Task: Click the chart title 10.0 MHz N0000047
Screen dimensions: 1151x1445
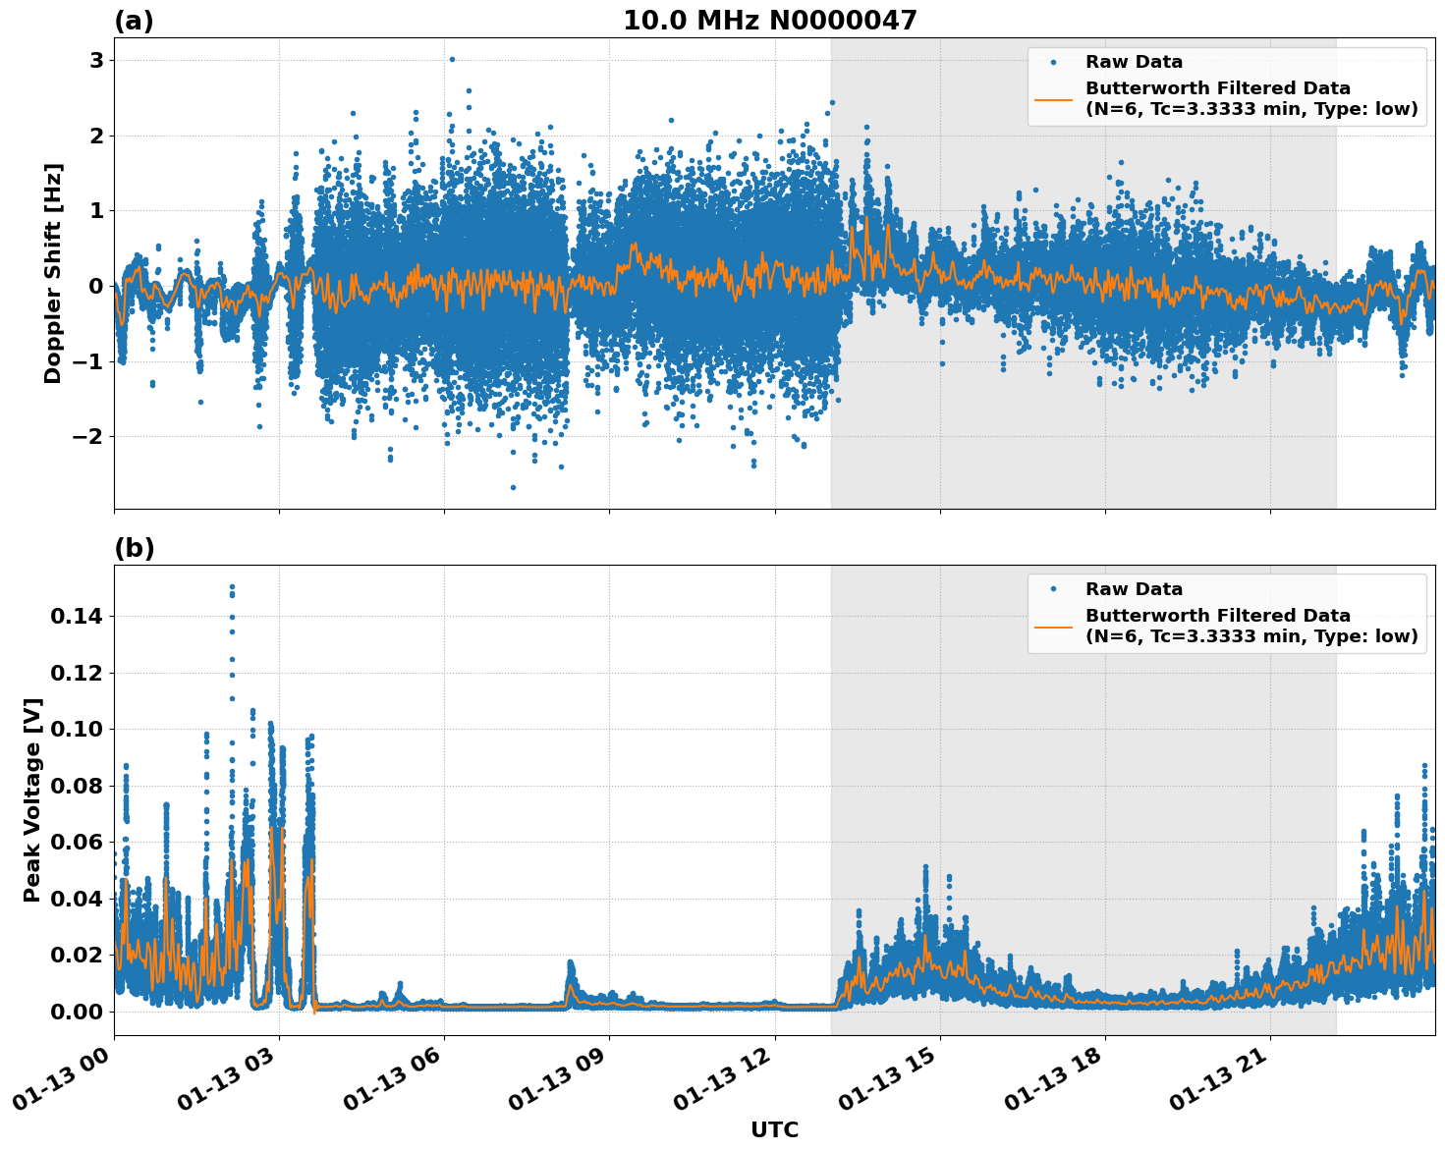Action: coord(769,21)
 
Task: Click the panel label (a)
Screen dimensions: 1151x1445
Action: coord(134,21)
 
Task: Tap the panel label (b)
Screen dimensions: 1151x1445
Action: coord(134,548)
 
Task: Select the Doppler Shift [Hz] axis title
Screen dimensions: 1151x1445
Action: coord(53,273)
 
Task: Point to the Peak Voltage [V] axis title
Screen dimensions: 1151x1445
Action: coord(32,799)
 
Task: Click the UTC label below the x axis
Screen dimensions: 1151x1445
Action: coord(774,1129)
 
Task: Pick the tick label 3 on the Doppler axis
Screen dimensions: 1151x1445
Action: coord(97,61)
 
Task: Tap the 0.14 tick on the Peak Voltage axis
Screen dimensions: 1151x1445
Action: coord(76,617)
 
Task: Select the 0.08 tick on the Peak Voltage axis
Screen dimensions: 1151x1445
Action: coord(76,786)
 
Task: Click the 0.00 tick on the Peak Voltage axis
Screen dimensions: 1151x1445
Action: coord(76,1012)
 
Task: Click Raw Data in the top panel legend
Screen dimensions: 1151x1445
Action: coord(1134,62)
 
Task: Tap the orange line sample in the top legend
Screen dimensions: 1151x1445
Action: coord(1053,98)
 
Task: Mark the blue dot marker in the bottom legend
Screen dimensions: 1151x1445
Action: coord(1053,589)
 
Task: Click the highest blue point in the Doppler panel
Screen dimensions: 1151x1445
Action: coord(452,59)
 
